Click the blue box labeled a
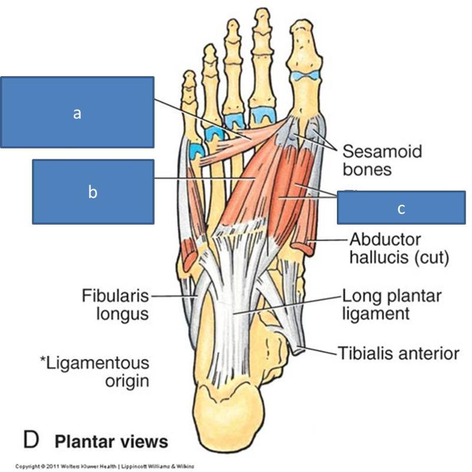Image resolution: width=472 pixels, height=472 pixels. click(x=77, y=112)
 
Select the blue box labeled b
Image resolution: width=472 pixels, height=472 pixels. click(x=93, y=192)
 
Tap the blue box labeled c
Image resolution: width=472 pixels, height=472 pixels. click(x=401, y=208)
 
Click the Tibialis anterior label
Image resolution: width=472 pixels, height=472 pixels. click(x=398, y=353)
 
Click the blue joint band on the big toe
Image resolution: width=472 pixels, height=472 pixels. click(x=306, y=75)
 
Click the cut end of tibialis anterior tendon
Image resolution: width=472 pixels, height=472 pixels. click(x=298, y=350)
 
